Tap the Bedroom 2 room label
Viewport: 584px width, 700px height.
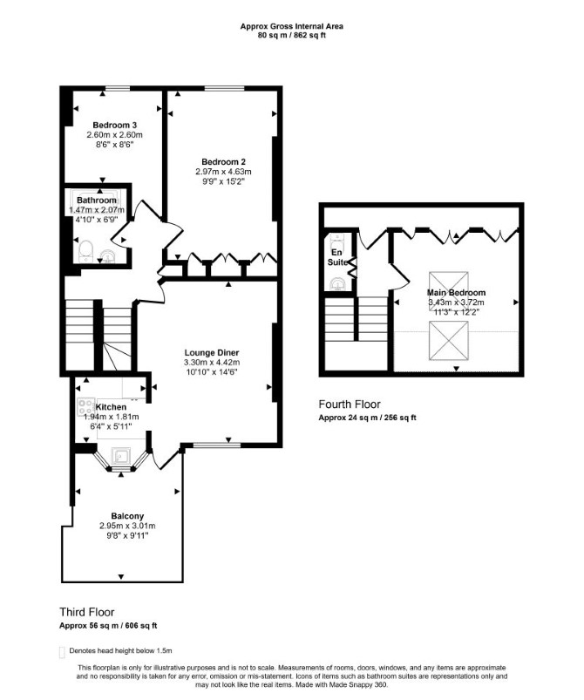[223, 162]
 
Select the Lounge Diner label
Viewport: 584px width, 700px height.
[212, 353]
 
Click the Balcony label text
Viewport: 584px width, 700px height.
[127, 516]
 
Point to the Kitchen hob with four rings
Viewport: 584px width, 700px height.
[85, 407]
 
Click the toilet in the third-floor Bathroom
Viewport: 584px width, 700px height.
[85, 251]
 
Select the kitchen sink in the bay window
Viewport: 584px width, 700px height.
[120, 456]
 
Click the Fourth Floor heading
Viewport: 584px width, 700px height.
[350, 404]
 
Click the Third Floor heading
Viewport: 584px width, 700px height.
[87, 612]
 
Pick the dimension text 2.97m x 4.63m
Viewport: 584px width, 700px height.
[223, 172]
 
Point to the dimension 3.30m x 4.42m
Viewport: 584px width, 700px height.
[212, 363]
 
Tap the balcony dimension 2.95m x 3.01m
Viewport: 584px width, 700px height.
[127, 526]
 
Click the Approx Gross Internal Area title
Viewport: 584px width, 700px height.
[291, 26]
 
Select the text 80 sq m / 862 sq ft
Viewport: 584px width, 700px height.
[291, 35]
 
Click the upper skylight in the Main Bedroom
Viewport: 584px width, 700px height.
[449, 285]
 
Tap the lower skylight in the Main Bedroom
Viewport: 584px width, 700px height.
[449, 341]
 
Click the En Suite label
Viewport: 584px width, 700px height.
[337, 257]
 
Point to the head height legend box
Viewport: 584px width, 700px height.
[62, 652]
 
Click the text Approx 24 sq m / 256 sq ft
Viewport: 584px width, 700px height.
[367, 418]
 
